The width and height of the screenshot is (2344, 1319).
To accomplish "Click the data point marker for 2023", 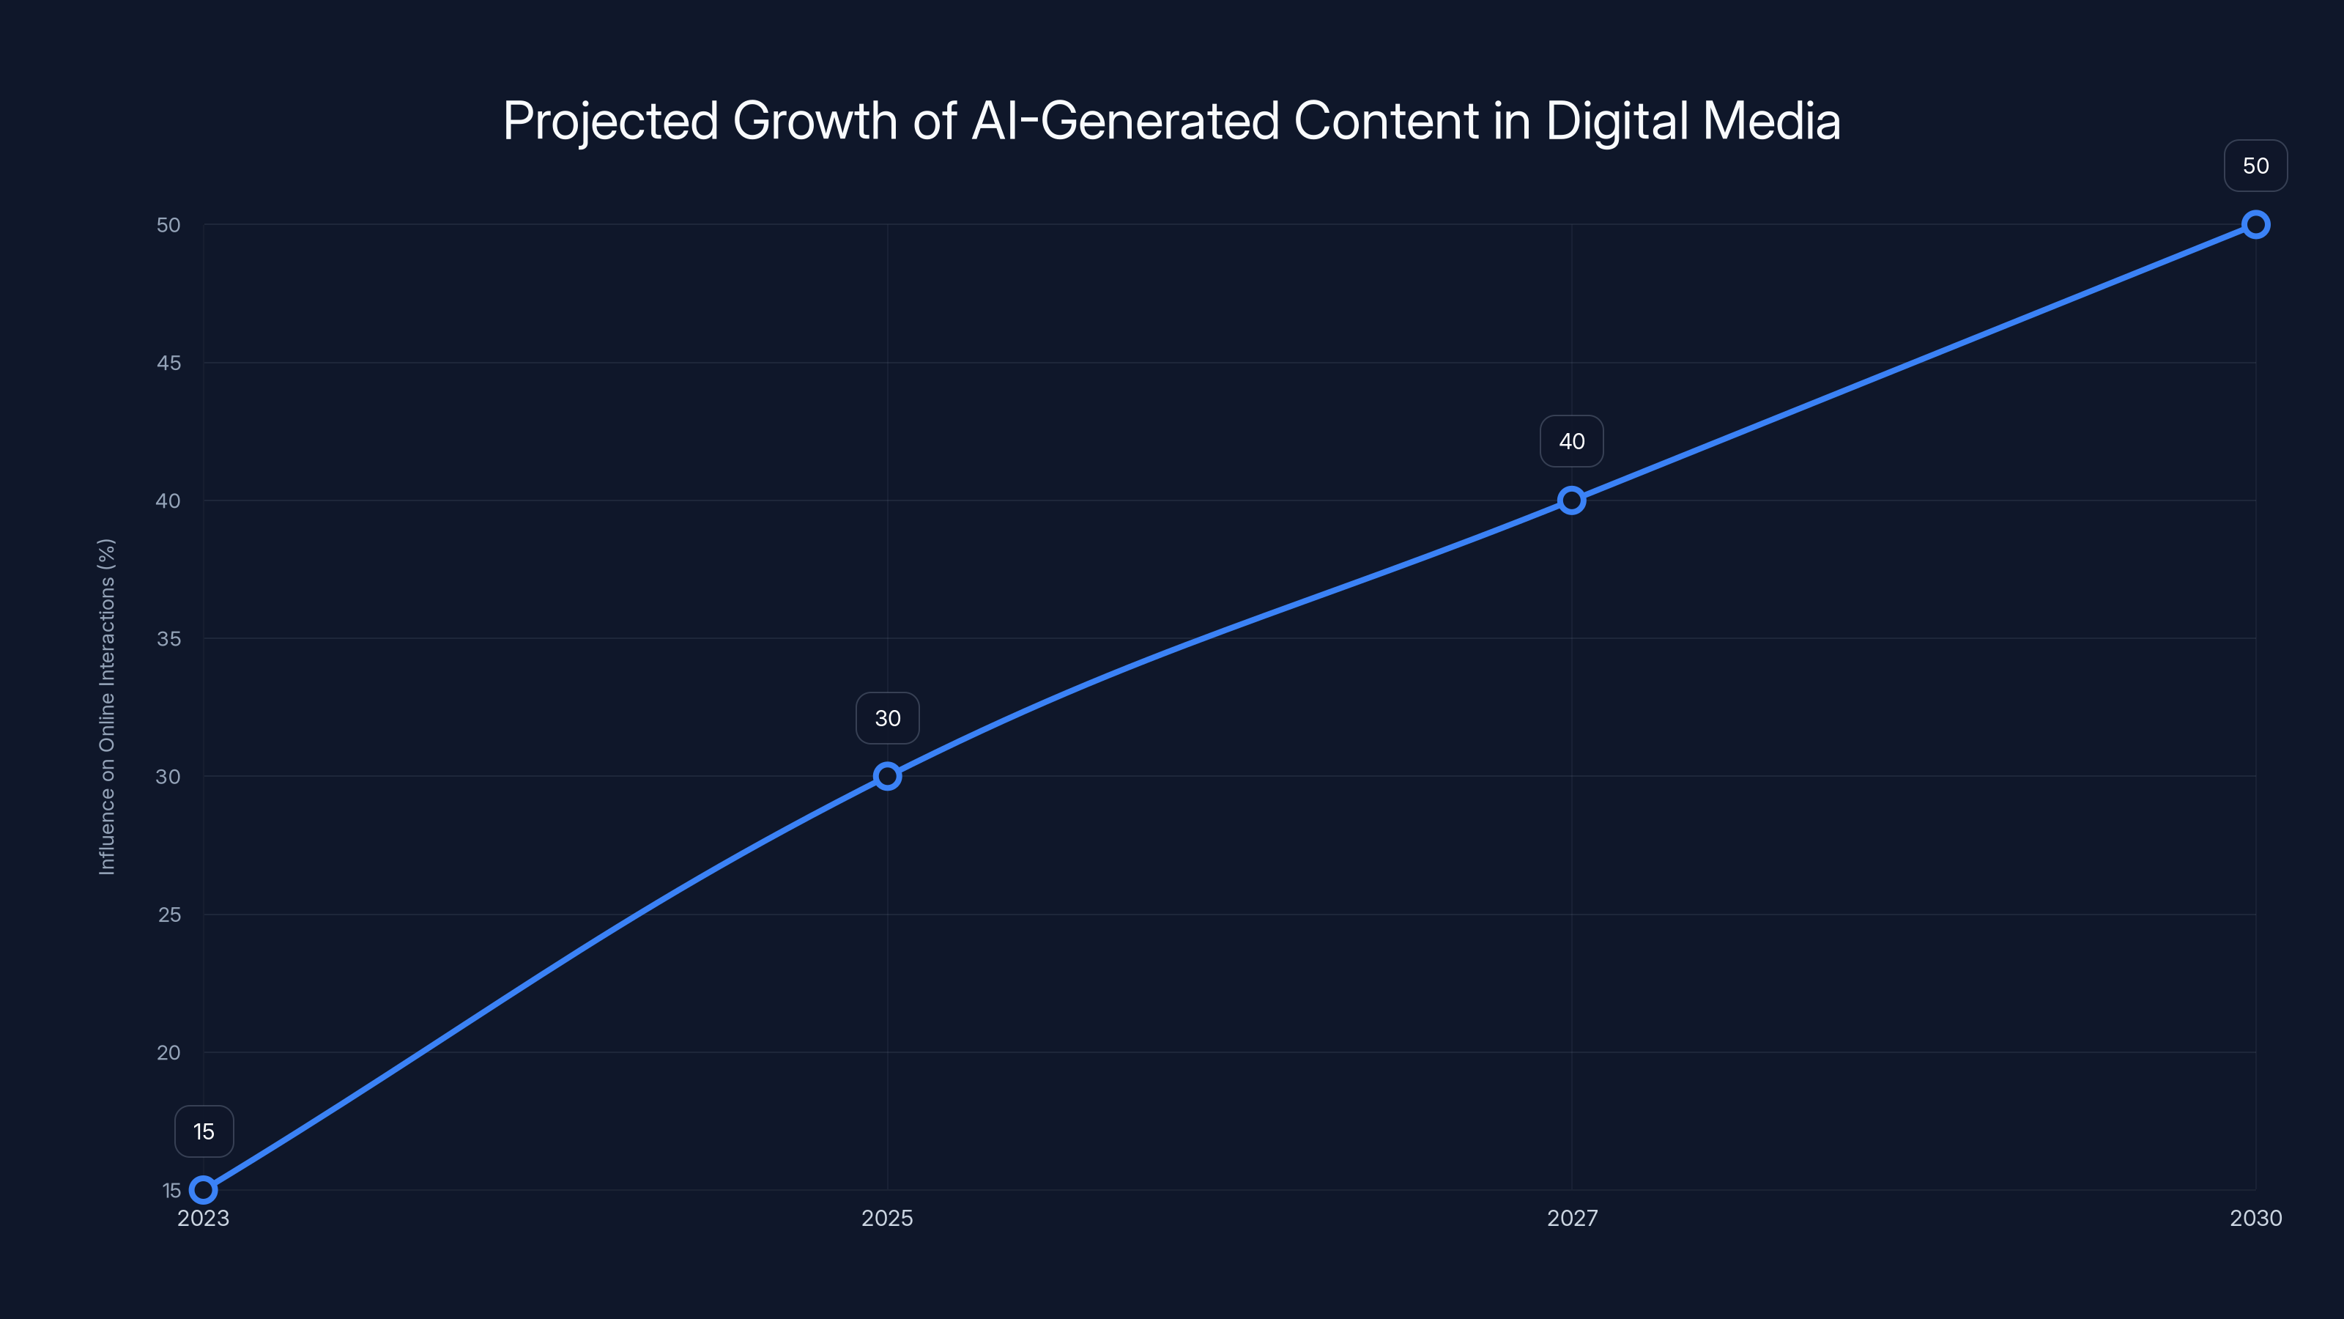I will click(204, 1190).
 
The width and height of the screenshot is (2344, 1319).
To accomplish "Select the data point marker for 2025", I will click(887, 775).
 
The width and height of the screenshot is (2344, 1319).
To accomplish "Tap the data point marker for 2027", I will click(1571, 500).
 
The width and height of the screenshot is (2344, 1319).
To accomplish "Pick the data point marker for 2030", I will click(2256, 224).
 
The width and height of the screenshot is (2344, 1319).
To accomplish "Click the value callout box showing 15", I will click(204, 1131).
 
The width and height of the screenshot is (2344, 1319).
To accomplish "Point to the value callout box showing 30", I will click(887, 718).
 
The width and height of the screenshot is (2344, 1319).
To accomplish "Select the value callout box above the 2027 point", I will click(1571, 441).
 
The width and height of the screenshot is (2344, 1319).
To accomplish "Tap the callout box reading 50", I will click(2256, 166).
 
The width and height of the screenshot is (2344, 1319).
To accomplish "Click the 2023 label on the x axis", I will click(204, 1218).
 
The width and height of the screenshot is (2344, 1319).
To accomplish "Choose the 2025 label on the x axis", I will click(887, 1218).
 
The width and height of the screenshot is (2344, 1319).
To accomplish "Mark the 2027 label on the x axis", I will click(1571, 1218).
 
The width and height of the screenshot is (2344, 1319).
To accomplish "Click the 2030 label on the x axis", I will click(2256, 1218).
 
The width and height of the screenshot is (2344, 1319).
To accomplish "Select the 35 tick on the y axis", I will click(168, 639).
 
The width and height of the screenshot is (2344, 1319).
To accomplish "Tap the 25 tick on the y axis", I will click(169, 915).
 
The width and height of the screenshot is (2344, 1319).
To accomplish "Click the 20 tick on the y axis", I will click(168, 1053).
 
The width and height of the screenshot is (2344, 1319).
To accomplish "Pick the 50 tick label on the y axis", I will click(168, 225).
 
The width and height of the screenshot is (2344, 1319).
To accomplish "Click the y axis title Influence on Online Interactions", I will click(106, 706).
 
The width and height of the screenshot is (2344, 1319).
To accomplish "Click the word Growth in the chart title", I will click(815, 121).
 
